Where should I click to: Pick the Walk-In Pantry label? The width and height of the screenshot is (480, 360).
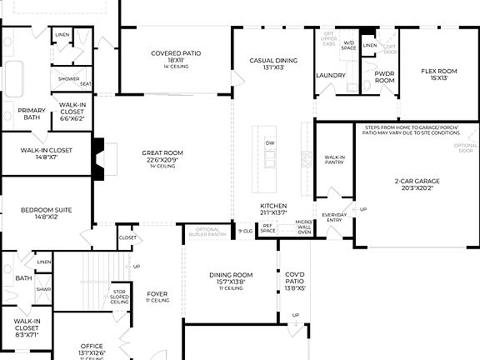pos(334,159)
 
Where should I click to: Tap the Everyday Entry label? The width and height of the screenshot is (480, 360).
pos(335,217)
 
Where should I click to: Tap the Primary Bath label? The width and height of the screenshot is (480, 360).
pos(32,113)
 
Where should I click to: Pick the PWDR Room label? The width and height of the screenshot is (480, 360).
pos(384,77)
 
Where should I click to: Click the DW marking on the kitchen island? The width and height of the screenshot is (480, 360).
pos(269,143)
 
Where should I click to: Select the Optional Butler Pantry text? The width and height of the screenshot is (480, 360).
pos(206,232)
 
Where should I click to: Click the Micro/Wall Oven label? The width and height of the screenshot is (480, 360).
pos(305,228)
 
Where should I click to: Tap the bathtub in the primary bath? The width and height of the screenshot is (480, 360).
pos(16,80)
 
